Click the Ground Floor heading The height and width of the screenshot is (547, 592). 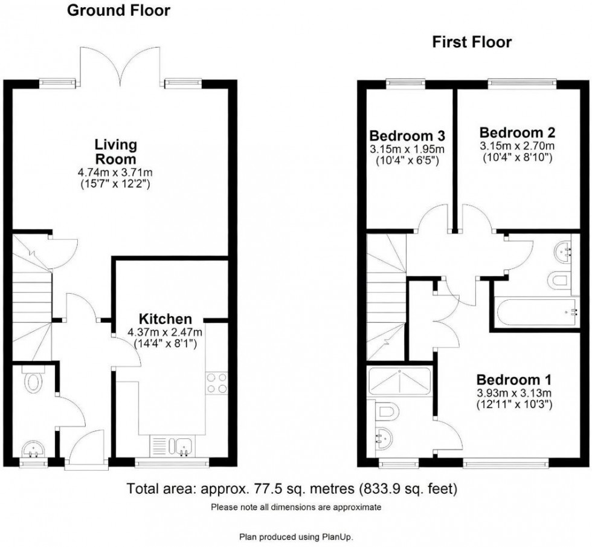[x=118, y=10]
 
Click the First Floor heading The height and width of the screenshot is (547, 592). [x=471, y=42]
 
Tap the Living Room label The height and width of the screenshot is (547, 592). [x=116, y=152]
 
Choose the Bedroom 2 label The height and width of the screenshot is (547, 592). [x=516, y=132]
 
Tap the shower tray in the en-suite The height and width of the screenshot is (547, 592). [x=399, y=381]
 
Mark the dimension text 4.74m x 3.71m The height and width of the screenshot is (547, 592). [x=116, y=172]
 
